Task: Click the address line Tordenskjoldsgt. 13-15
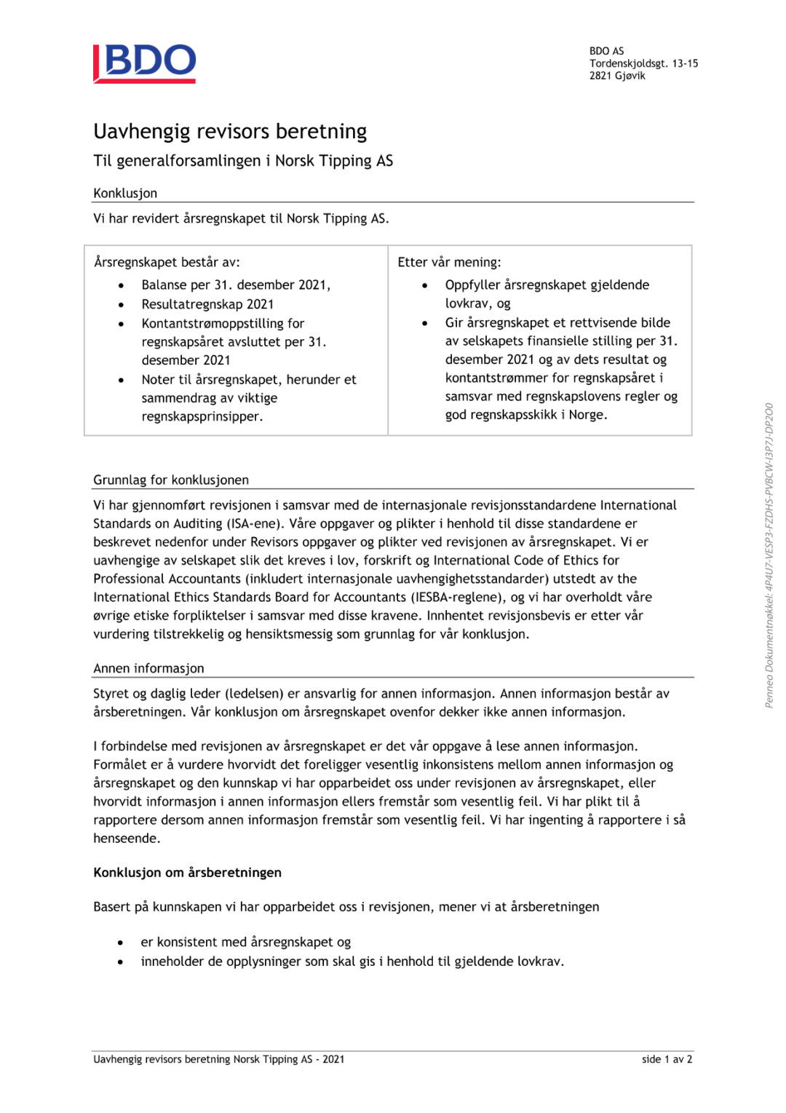point(643,63)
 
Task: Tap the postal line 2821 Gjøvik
point(617,76)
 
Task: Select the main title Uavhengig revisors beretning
point(230,131)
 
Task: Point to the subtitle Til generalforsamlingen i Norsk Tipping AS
point(243,161)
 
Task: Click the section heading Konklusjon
point(125,193)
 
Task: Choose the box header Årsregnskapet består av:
point(167,262)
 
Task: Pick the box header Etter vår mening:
point(449,262)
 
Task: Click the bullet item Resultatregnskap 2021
point(207,304)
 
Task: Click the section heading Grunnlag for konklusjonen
point(171,480)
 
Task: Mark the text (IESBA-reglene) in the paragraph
point(458,597)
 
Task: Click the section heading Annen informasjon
point(148,668)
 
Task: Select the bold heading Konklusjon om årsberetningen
point(187,872)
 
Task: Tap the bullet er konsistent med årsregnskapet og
point(245,942)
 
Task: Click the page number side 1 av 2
point(667,1059)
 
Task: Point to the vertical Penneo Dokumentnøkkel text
point(769,555)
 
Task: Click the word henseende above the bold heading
point(126,839)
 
